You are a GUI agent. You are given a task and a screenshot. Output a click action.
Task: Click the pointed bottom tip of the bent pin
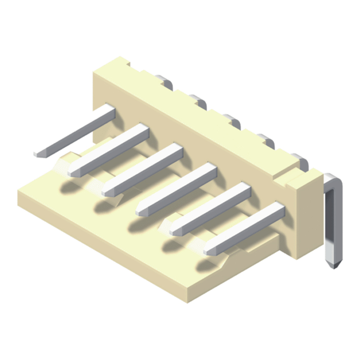pyautogui.click(x=334, y=265)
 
